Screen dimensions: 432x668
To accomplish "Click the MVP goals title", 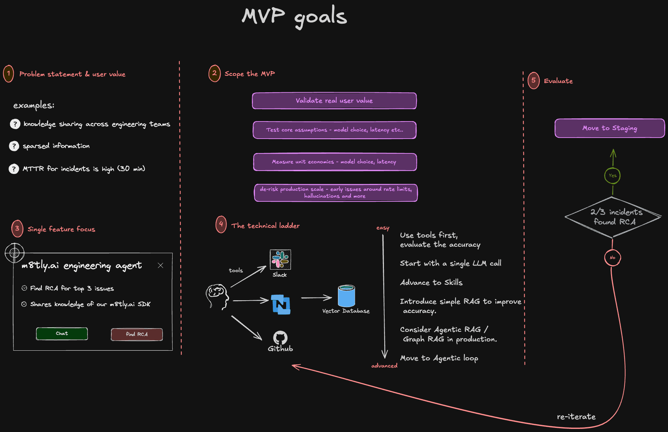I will tap(294, 16).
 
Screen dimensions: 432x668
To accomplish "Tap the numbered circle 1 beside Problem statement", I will tap(9, 73).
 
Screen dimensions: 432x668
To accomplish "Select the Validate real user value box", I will tap(334, 101).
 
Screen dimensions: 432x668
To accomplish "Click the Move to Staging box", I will tap(609, 128).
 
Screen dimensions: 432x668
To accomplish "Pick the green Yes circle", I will tap(612, 175).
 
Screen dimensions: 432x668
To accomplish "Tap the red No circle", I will tap(612, 257).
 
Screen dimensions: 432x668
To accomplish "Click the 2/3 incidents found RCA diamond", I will tap(613, 217).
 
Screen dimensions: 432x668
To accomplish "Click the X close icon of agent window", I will tap(160, 265).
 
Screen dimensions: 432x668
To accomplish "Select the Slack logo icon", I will tap(280, 259).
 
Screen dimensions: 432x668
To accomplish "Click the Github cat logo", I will tap(280, 338).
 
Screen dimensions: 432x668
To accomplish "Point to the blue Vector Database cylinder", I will tap(346, 296).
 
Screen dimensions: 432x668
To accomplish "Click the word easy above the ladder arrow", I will tap(383, 228).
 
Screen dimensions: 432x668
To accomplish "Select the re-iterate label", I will tap(576, 417).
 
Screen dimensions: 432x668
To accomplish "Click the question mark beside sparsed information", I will tap(14, 146).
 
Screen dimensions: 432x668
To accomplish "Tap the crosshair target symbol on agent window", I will tap(14, 253).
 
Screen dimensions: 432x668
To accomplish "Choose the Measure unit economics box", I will tap(335, 162).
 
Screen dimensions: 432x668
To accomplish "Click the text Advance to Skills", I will tap(431, 282).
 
